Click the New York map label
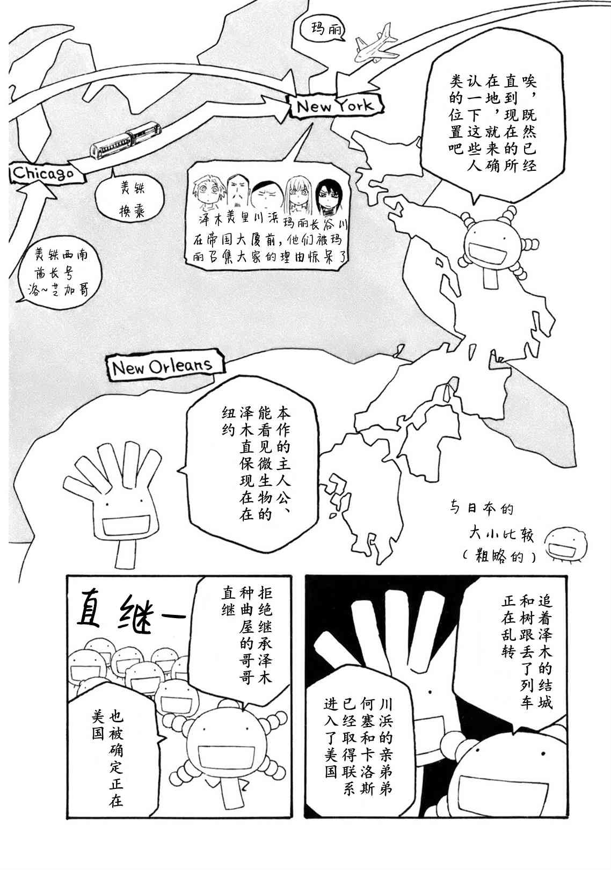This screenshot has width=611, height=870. [x=336, y=105]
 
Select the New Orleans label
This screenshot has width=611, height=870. [x=165, y=365]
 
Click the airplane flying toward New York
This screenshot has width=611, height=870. [x=376, y=44]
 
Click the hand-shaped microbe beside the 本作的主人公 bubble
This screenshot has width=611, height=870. [x=113, y=501]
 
